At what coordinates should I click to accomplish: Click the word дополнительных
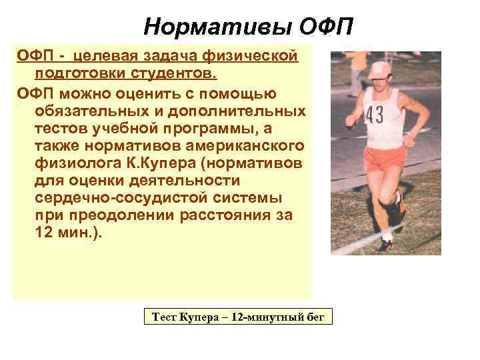244,110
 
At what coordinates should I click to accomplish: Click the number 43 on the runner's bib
375,115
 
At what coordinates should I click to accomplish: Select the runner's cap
380,68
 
